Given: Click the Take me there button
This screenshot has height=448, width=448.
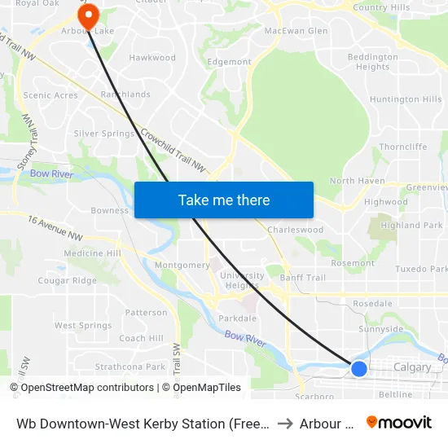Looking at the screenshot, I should pyautogui.click(x=224, y=200).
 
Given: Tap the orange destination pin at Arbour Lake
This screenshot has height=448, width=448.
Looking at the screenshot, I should pyautogui.click(x=86, y=14).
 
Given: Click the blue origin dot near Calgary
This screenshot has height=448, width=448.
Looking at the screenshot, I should pyautogui.click(x=358, y=368).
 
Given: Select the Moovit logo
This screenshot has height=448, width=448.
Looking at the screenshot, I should pyautogui.click(x=399, y=423).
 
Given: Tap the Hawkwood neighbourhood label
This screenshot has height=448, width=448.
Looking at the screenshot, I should pyautogui.click(x=152, y=58).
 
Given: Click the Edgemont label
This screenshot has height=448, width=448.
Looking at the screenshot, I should pyautogui.click(x=230, y=62).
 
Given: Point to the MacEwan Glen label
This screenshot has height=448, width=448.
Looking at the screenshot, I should pyautogui.click(x=296, y=31).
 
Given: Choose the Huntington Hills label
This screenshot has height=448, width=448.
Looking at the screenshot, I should pyautogui.click(x=405, y=99).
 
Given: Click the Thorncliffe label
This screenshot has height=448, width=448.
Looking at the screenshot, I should pyautogui.click(x=402, y=147).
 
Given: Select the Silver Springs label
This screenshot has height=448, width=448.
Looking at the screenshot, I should pyautogui.click(x=104, y=134).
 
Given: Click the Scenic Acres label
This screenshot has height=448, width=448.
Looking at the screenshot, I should pyautogui.click(x=51, y=95).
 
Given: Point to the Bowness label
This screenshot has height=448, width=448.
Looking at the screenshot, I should pyautogui.click(x=109, y=210).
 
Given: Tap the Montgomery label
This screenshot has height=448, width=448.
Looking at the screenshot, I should pyautogui.click(x=182, y=266).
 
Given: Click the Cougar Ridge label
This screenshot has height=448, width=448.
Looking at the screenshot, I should pyautogui.click(x=67, y=281).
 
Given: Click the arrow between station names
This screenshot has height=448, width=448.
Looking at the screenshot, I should pyautogui.click(x=284, y=424).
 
